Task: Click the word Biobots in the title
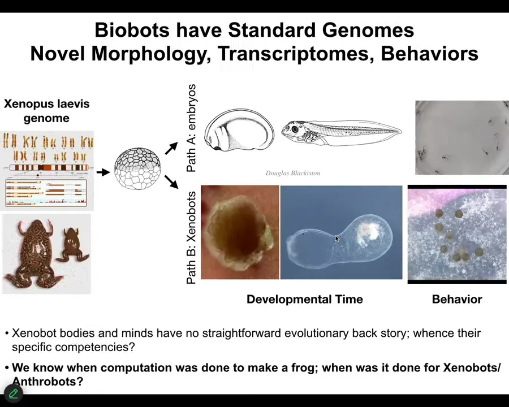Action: click(x=132, y=30)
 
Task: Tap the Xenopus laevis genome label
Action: click(x=46, y=111)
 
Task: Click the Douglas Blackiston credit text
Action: click(x=293, y=173)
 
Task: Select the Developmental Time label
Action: click(x=304, y=299)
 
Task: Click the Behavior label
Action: click(x=457, y=299)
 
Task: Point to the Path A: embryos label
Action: click(x=191, y=128)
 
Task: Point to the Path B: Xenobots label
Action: click(x=191, y=237)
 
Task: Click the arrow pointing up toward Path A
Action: click(x=171, y=148)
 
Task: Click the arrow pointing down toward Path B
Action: click(x=171, y=182)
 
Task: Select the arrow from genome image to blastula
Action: click(x=103, y=172)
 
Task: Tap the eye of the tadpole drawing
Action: click(x=295, y=129)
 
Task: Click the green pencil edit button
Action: click(x=14, y=393)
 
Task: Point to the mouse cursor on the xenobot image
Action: click(x=337, y=239)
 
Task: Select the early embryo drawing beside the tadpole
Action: click(x=239, y=130)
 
